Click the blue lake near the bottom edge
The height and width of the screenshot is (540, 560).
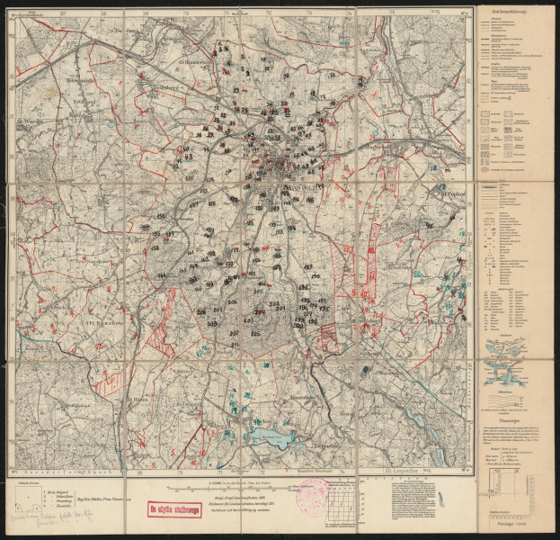click(x=269, y=436)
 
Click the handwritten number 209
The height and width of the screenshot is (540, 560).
click(x=214, y=323)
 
